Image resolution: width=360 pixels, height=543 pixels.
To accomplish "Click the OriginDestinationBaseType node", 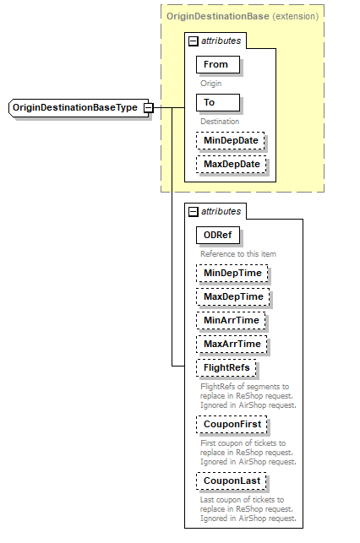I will tap(74, 108).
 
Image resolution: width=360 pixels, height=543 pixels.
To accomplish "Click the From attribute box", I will tap(216, 64).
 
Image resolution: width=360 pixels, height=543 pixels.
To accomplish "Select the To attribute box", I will tap(216, 102).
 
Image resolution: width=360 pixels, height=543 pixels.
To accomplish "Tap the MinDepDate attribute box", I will tap(231, 140).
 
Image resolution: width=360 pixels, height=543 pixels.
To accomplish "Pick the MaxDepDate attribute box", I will tap(231, 164).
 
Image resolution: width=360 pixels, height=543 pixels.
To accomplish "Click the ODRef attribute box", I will tap(219, 235).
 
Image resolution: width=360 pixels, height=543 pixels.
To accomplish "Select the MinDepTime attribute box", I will tap(231, 273).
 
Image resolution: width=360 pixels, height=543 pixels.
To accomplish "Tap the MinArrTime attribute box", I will tap(230, 320).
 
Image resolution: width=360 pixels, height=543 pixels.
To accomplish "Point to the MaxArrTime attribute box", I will tap(231, 344).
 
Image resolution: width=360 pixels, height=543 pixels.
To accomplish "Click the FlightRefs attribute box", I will tap(226, 367).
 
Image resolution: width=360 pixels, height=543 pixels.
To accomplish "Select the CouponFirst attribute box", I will tap(231, 424).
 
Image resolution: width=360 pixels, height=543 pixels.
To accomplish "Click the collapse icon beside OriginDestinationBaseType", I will tap(148, 108).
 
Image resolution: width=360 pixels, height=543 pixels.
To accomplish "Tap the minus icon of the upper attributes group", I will tap(194, 41).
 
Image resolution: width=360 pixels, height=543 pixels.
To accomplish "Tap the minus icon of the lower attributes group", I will tap(194, 212).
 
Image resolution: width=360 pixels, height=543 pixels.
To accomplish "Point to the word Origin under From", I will tap(211, 84).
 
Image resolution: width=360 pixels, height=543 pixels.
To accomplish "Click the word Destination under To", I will tap(219, 122).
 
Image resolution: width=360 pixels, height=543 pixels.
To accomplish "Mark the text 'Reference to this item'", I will tap(237, 253).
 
